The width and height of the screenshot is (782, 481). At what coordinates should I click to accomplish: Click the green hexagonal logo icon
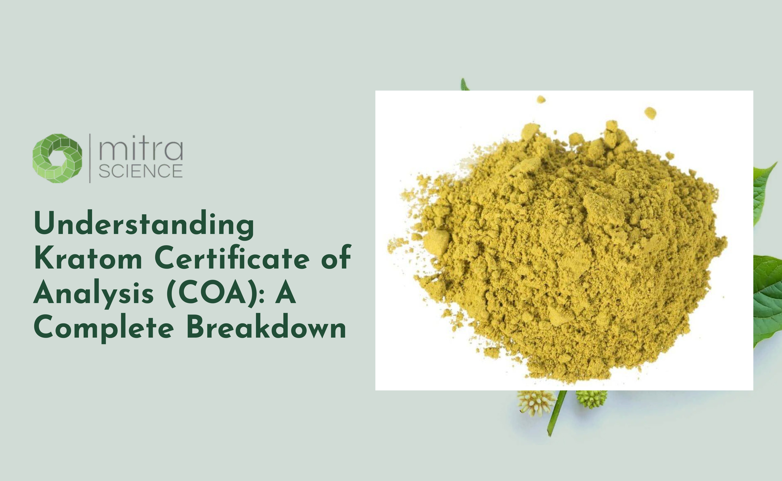click(57, 158)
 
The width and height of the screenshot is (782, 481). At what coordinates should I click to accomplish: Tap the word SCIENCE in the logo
click(141, 171)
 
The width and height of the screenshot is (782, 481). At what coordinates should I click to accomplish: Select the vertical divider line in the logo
click(90, 158)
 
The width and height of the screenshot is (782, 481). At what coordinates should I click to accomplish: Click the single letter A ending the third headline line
click(286, 293)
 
